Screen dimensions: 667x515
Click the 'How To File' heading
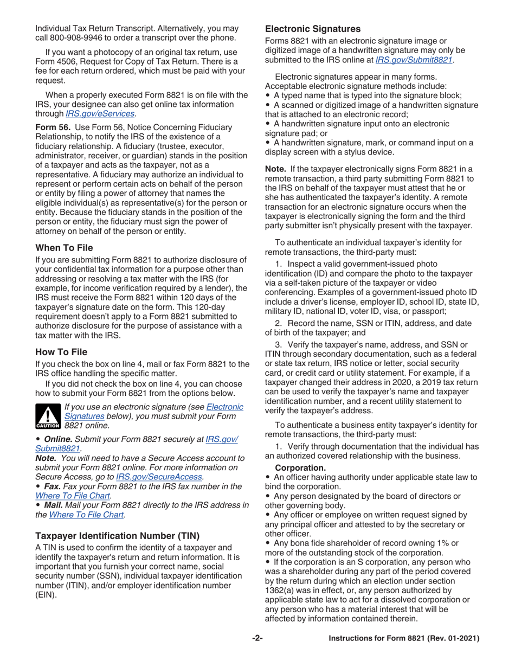tap(61, 352)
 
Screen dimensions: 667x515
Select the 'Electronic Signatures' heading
tap(312, 29)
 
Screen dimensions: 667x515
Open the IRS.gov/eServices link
tap(100, 113)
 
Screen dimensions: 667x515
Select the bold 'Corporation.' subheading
tap(300, 467)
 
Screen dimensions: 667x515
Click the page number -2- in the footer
tap(257, 638)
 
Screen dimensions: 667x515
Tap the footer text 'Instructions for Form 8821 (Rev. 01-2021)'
tap(404, 638)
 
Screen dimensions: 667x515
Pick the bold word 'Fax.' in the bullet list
tap(52, 486)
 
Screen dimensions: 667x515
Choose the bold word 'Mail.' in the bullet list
tap(53, 505)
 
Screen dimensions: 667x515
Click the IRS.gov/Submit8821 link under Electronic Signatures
tap(414, 60)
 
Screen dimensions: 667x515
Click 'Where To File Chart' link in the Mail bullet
tap(87, 515)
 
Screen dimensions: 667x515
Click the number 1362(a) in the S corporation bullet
tap(282, 591)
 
